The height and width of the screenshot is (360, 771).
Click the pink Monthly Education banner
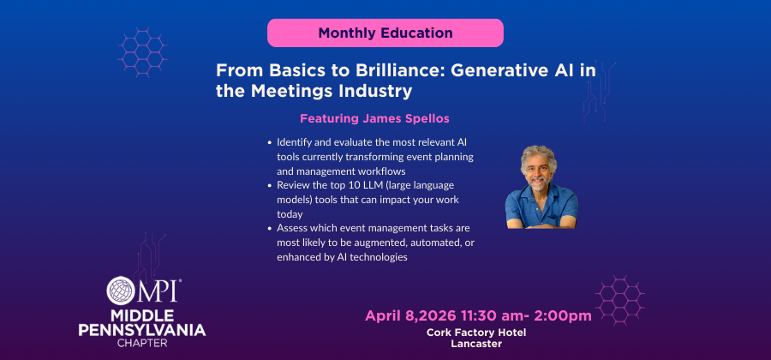385,33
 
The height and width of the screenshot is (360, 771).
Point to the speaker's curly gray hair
539,158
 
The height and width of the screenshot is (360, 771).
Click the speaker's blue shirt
541,207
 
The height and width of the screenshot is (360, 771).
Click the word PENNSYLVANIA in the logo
142,330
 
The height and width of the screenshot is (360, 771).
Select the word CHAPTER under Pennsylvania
142,343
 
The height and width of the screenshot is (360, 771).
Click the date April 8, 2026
411,316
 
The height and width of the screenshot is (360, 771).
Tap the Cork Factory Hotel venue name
476,333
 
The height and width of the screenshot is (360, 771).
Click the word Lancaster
476,344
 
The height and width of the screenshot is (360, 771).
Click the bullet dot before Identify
270,143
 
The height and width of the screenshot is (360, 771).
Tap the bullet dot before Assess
270,229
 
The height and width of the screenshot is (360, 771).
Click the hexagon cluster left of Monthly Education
142,52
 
